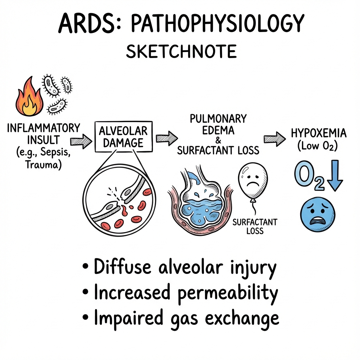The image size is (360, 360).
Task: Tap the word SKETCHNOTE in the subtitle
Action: pyautogui.click(x=181, y=51)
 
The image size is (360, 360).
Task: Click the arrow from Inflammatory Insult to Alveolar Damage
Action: pyautogui.click(x=81, y=141)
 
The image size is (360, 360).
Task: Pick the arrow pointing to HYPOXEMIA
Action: pyautogui.click(x=275, y=139)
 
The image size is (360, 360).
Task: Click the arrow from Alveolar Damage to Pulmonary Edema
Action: pyautogui.click(x=167, y=139)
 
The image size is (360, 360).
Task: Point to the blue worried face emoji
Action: pyautogui.click(x=318, y=214)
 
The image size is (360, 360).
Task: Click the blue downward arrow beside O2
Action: pyautogui.click(x=335, y=175)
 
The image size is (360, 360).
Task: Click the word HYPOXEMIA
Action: pyautogui.click(x=319, y=133)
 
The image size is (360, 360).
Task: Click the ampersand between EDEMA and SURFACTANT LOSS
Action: pyautogui.click(x=218, y=140)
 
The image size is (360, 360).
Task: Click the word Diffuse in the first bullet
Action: pyautogui.click(x=123, y=266)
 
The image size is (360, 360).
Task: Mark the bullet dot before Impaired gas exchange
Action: pyautogui.click(x=85, y=317)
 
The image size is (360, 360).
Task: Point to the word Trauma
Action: pyautogui.click(x=43, y=165)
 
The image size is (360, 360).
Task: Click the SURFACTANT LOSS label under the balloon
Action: pyautogui.click(x=255, y=226)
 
